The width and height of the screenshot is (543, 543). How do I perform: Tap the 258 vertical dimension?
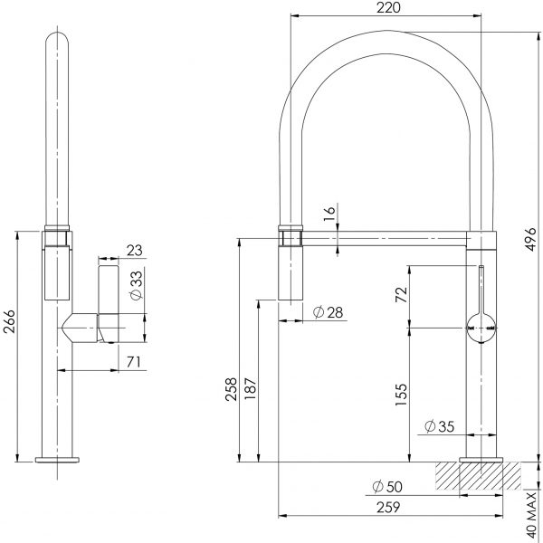click(233, 388)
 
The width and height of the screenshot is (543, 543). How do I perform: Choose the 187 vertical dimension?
click(251, 388)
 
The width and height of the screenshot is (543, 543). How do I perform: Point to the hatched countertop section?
click(480, 476)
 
